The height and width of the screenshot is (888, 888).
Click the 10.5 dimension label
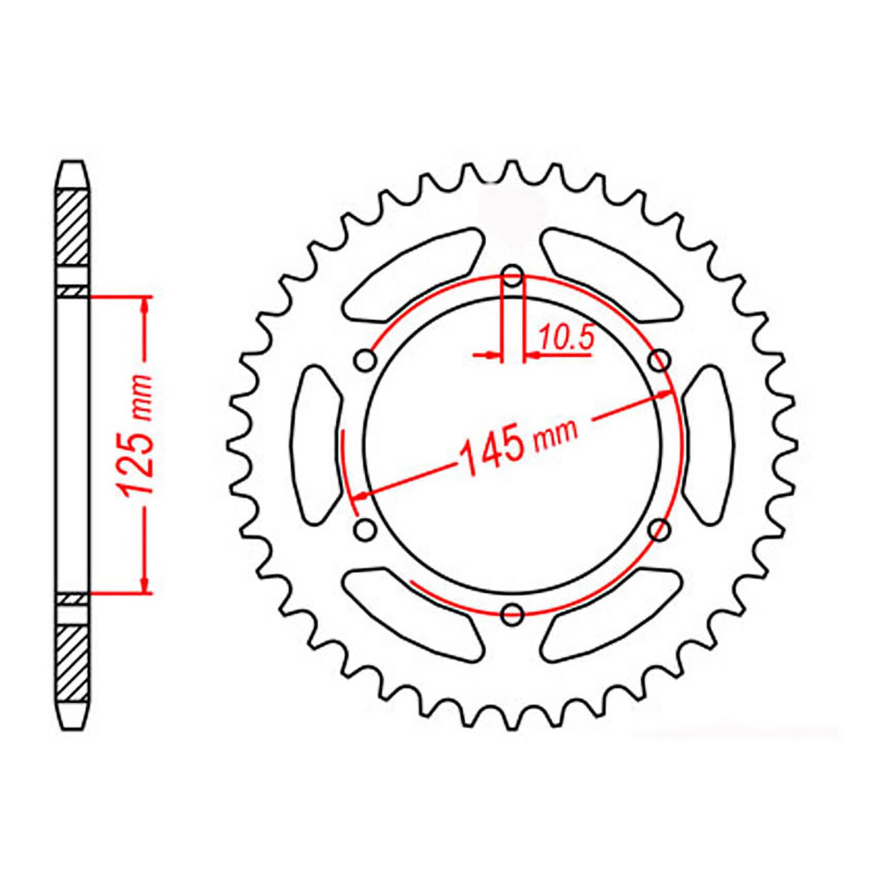pyautogui.click(x=566, y=338)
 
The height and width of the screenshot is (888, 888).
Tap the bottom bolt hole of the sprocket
pyautogui.click(x=512, y=613)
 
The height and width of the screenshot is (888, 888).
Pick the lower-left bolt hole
pyautogui.click(x=365, y=529)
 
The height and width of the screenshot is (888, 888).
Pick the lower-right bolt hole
pyautogui.click(x=660, y=529)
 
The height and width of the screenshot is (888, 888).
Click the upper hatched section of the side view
pyautogui.click(x=73, y=227)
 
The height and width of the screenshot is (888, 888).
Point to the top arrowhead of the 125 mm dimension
pyautogui.click(x=145, y=303)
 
